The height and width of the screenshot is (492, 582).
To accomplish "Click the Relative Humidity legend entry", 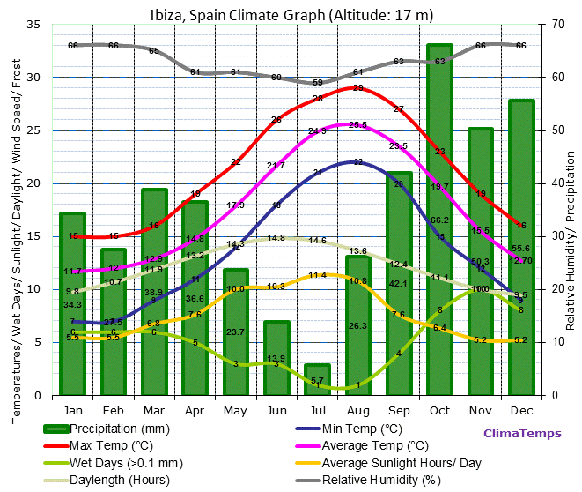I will point(379,481).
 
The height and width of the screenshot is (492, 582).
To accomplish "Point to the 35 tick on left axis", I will point(33,25).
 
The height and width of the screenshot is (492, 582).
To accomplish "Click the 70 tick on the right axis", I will point(557,25).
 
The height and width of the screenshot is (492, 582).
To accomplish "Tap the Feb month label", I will point(114,410).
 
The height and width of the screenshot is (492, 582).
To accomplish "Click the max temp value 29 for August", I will point(357,88).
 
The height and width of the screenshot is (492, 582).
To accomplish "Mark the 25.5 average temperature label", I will point(357,125).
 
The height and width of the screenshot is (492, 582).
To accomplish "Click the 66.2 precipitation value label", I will point(439,220).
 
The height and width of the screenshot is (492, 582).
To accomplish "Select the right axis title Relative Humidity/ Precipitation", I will point(571,238).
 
